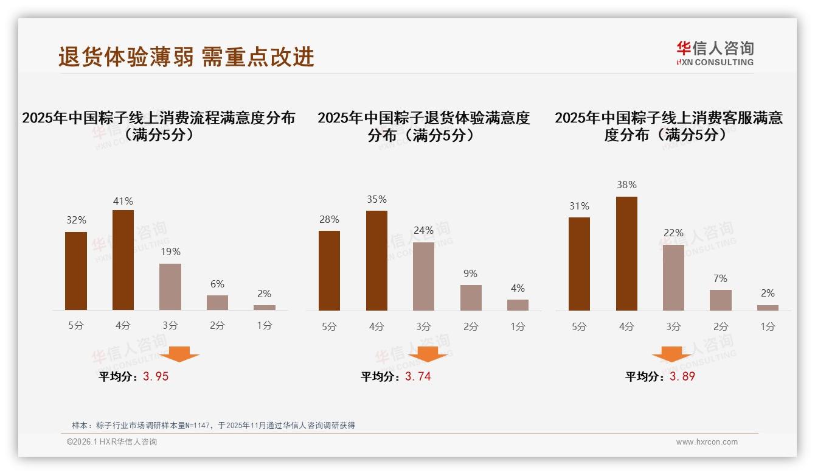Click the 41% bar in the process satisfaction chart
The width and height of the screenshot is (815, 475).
click(x=123, y=260)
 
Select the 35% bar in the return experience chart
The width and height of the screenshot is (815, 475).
click(x=376, y=261)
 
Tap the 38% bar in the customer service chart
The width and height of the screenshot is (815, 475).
click(x=626, y=253)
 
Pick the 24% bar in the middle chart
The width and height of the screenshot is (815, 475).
click(x=423, y=276)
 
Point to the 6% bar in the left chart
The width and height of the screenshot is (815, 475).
click(x=217, y=303)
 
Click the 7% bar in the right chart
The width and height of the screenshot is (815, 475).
click(x=721, y=300)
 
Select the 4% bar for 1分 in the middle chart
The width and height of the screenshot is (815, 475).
click(x=518, y=305)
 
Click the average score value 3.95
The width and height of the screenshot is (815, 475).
click(x=156, y=376)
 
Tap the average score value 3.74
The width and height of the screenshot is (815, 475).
click(x=418, y=376)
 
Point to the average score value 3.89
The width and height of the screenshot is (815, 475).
click(x=682, y=376)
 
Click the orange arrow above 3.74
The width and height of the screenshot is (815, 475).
click(x=428, y=354)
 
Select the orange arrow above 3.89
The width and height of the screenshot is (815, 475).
click(x=671, y=354)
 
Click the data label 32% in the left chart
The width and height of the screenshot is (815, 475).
click(x=76, y=220)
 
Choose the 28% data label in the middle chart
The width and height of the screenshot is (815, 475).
click(x=329, y=219)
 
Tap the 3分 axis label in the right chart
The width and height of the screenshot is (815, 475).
click(x=673, y=326)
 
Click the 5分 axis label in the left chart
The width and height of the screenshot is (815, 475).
click(x=76, y=325)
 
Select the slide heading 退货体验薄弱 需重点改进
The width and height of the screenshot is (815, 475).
click(x=186, y=57)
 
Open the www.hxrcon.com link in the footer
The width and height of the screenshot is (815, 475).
click(x=707, y=442)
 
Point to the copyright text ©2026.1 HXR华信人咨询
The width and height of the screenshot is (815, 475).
click(x=112, y=442)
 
